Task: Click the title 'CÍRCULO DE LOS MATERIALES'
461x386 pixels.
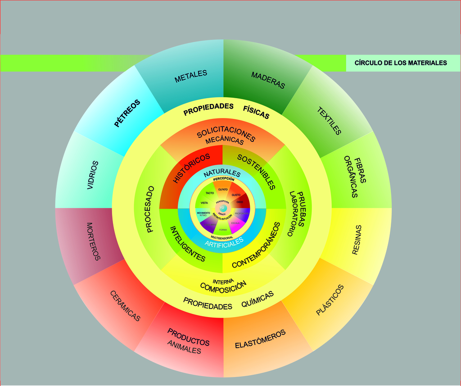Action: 401,63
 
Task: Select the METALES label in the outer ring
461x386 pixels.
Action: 191,76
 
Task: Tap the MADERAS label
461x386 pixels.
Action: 268,80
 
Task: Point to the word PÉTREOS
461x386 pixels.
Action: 127,113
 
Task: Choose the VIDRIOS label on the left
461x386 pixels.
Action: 93,175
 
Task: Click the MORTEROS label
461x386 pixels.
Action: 93,241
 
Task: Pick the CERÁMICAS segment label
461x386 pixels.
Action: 125,305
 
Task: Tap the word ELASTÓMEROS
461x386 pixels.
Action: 260,339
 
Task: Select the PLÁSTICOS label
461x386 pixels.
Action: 330,300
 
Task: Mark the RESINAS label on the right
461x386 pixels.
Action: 357,240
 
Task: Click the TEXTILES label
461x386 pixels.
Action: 329,121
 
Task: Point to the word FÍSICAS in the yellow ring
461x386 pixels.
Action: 256,112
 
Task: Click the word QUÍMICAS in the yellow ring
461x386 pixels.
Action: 258,299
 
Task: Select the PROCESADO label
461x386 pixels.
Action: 150,209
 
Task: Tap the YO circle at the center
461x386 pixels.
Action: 223,208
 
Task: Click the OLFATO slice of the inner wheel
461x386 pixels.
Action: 223,190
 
